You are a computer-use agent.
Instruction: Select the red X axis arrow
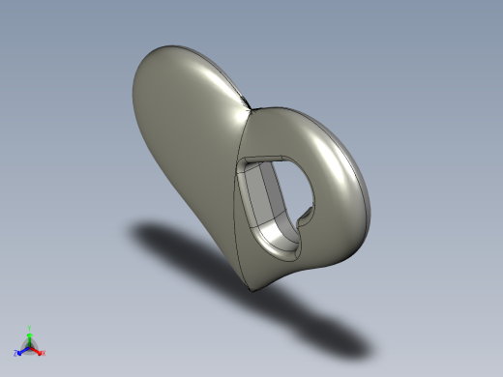pos(38,350)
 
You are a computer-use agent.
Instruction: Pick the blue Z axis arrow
pos(23,350)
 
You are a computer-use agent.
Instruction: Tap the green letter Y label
pos(30,328)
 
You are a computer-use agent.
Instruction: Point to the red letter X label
pos(44,353)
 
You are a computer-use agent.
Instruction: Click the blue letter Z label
pos(17,353)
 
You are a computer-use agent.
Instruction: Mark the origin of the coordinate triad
pos(30,346)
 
